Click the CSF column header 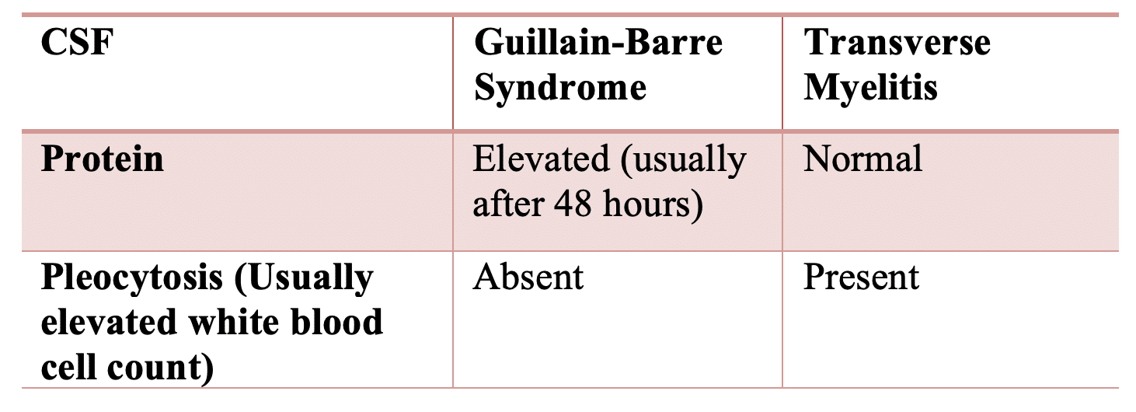pos(77,42)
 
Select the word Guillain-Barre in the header pos(598,42)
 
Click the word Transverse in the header pos(897,42)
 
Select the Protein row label pos(103,159)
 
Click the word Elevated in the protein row pos(542,159)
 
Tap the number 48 pos(572,204)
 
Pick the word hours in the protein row pos(653,204)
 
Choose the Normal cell pos(862,159)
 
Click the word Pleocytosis pos(132,278)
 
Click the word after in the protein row pos(507,204)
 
